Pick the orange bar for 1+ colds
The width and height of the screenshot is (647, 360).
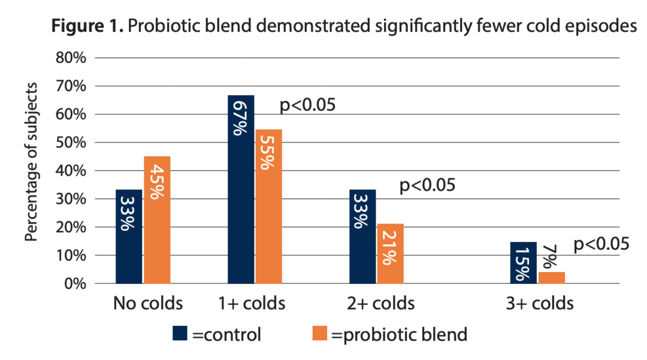coord(268,206)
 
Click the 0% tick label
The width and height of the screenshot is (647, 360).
coord(76,283)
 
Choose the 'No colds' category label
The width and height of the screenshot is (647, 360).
coord(147,304)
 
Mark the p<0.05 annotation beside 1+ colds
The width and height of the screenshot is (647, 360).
coord(307,105)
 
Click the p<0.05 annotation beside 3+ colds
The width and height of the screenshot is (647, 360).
coord(601,244)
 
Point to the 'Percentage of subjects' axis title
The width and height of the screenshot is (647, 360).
coord(32,162)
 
